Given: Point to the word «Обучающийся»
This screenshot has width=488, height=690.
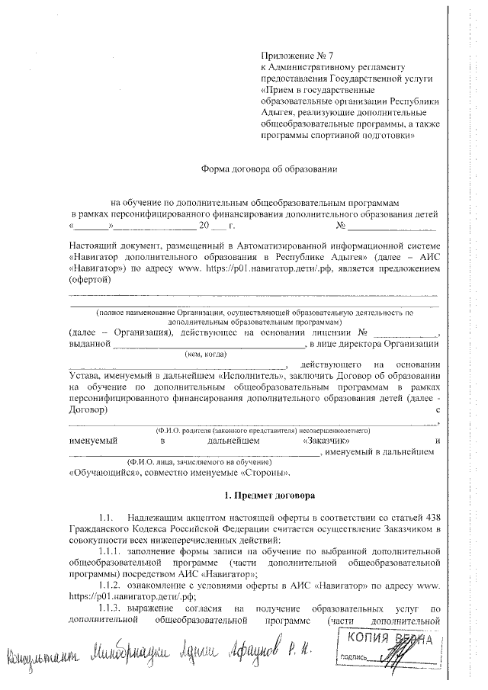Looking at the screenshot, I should (98, 473).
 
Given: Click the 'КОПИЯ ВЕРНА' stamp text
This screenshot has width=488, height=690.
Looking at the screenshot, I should (391, 639).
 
